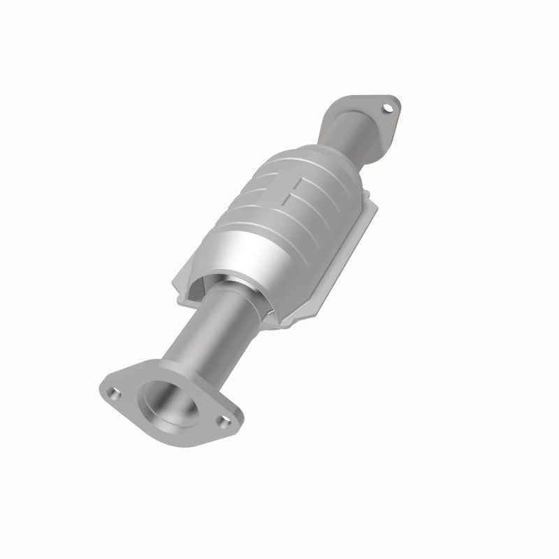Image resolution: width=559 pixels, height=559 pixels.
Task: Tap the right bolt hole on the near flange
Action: coord(222,421)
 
